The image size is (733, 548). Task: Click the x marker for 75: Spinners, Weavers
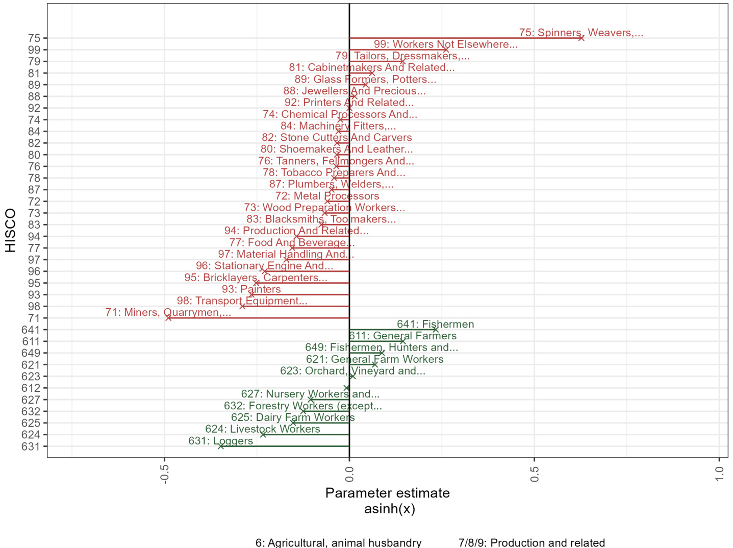581,38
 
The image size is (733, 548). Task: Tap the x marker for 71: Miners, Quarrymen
168,318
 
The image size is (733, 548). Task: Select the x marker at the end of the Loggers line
221,446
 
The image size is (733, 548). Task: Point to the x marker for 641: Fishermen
435,330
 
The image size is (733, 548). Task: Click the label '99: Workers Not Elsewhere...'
445,44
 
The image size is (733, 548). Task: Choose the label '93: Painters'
251,289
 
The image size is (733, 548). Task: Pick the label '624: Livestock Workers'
263,429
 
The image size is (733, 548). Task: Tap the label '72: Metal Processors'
327,196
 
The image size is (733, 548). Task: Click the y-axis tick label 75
34,38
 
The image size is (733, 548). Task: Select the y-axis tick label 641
31,330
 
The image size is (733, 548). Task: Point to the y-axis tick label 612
31,388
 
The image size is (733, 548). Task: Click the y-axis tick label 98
34,307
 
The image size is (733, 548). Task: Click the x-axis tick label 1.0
719,472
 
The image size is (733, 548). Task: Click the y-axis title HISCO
11,230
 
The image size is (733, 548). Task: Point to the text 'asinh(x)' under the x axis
389,509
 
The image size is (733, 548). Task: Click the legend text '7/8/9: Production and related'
532,542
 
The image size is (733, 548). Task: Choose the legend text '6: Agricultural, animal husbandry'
338,542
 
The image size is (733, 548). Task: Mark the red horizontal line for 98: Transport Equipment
296,306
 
